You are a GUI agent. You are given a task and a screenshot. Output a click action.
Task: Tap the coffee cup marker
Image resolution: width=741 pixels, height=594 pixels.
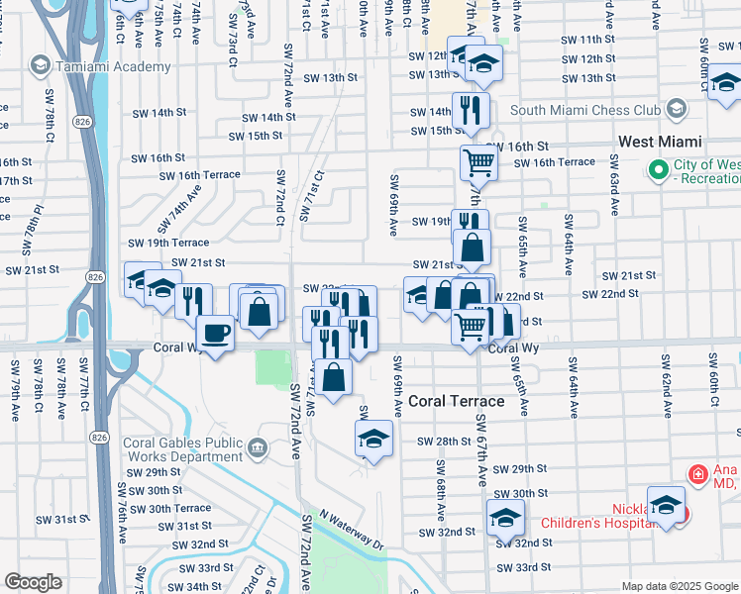pos(215,332)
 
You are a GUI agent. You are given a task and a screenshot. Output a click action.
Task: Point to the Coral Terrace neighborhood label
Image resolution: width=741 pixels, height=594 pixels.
pos(457,401)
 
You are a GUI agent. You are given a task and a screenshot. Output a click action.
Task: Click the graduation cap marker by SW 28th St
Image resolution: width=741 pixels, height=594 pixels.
pos(374,438)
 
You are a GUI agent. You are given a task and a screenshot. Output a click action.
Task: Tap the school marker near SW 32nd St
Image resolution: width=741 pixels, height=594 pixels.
pos(505,517)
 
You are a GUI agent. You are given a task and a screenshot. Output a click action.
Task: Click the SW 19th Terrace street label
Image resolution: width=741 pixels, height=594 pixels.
pos(168,243)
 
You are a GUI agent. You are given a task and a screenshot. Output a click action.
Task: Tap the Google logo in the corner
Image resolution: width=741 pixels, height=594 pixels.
pos(33,582)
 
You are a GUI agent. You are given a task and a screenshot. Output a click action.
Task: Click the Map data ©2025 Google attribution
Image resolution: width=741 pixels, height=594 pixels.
pos(679,586)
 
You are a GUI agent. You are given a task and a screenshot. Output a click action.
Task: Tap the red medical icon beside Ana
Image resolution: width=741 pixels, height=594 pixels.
pos(698,475)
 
